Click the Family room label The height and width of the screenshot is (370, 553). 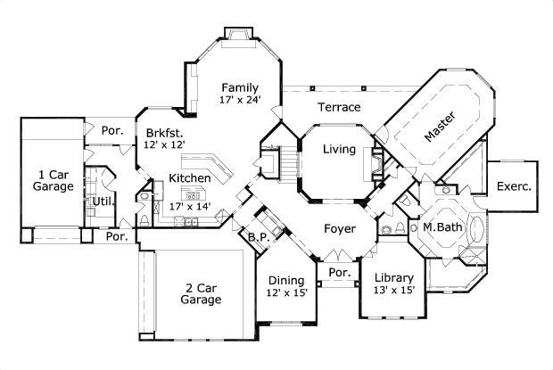tap(241, 87)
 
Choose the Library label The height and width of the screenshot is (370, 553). tap(393, 277)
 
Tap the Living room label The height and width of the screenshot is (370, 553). tap(339, 149)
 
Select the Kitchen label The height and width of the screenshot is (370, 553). tap(190, 178)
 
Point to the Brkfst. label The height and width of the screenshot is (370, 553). tap(165, 133)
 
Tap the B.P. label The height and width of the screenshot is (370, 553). tap(259, 238)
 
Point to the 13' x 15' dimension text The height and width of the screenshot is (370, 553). tap(393, 291)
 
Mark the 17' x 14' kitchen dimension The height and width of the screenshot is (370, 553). tap(189, 205)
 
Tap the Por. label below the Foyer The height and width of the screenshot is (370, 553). tap(339, 271)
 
